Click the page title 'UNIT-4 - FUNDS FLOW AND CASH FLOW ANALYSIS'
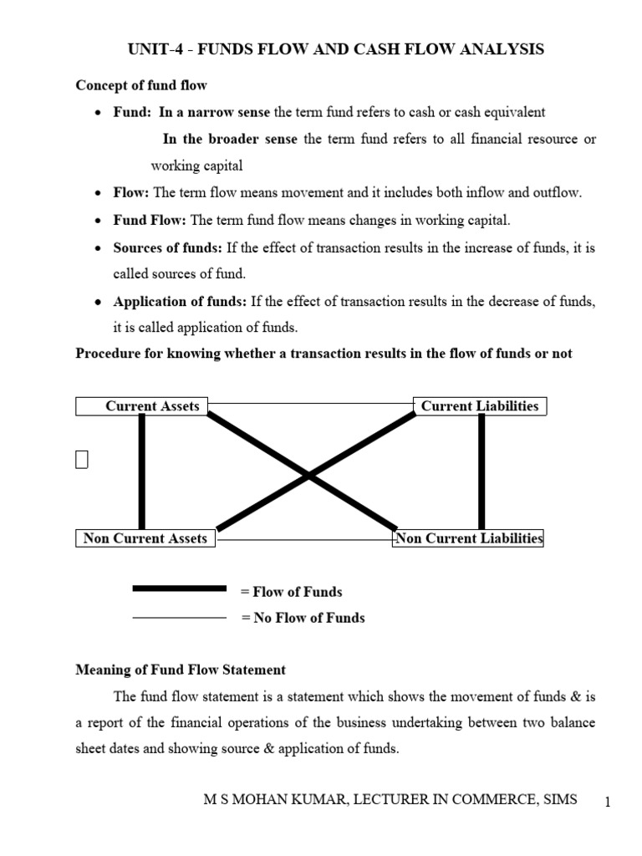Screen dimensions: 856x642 click(x=335, y=50)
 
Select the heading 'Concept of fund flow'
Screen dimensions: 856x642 click(x=141, y=85)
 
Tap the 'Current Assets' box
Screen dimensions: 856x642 click(x=142, y=406)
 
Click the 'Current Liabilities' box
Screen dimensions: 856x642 click(x=480, y=406)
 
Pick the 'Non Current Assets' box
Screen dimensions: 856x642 click(x=145, y=538)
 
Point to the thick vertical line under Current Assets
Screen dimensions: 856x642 click(x=142, y=472)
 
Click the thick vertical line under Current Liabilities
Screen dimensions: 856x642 click(x=481, y=472)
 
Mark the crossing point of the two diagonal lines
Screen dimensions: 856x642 click(x=308, y=476)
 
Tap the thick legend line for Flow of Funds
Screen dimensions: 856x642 click(x=180, y=588)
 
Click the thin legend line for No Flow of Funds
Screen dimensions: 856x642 click(x=180, y=618)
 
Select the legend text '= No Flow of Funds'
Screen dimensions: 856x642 click(x=303, y=619)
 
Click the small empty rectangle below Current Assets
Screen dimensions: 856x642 click(x=81, y=460)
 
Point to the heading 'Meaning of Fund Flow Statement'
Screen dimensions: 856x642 click(x=181, y=670)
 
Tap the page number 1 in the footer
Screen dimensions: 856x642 click(x=609, y=802)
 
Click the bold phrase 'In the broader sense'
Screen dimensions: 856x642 click(x=230, y=139)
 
